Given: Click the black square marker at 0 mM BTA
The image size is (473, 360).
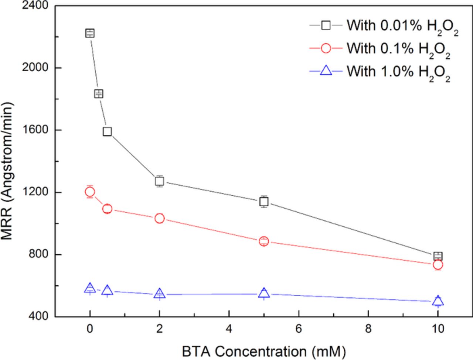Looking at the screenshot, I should point(90,33).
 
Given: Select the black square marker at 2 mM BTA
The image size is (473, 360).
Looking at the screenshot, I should point(160,181).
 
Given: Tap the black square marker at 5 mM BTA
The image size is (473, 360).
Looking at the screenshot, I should point(264,202).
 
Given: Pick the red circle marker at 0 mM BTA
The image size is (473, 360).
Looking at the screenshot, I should point(90,192).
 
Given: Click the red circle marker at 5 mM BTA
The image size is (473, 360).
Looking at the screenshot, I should point(264,241).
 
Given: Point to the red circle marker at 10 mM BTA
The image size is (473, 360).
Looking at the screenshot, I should point(438,265).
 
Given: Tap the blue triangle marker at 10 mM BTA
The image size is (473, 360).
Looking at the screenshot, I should point(438,301).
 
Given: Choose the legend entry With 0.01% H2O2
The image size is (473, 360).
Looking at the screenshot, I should point(384,26).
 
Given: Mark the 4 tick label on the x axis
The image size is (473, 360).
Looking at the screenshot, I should point(229,329).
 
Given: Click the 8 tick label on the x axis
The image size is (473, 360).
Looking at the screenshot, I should point(368,329).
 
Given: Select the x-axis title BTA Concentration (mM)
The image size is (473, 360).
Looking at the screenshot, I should point(263,351).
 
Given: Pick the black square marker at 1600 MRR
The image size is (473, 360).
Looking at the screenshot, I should point(107,131).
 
